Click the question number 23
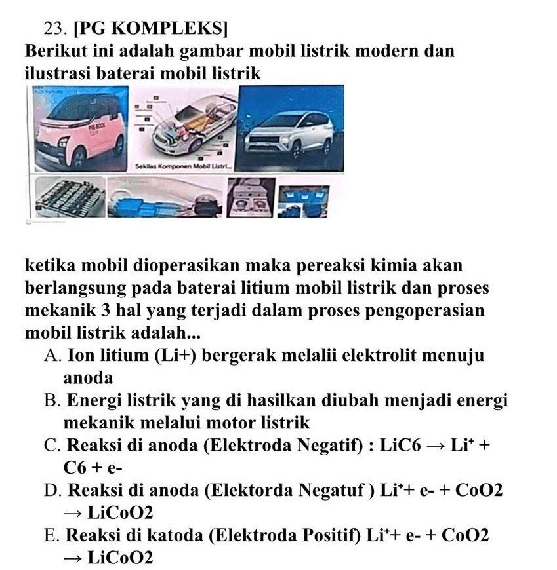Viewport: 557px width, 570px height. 55,28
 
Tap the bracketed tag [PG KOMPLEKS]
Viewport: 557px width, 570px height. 152,28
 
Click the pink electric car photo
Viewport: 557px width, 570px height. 75,130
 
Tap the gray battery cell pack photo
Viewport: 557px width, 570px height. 69,197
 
